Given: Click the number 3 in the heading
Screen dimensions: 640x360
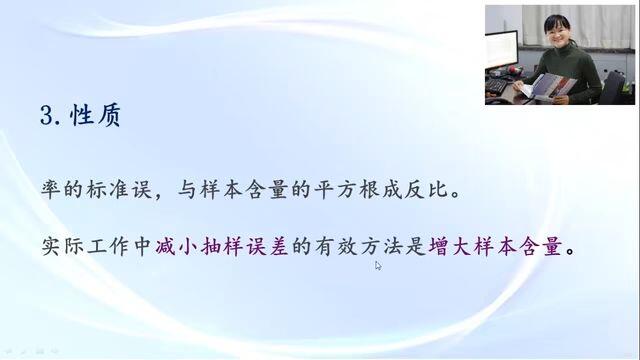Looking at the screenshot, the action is click(x=47, y=116).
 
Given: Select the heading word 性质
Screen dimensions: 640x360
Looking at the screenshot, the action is click(x=95, y=116).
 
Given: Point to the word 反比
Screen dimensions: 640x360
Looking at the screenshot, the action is click(x=426, y=190).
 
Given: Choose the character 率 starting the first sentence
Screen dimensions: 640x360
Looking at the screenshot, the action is click(x=51, y=190).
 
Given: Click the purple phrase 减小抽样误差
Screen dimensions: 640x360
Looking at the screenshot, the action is click(x=222, y=247).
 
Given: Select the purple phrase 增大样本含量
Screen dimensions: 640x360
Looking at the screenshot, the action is click(x=495, y=247).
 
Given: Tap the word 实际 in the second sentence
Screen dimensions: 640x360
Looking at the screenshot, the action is click(x=62, y=247).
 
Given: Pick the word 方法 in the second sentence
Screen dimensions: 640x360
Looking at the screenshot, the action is click(x=382, y=247).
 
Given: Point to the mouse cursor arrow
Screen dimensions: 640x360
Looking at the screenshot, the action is click(x=378, y=266).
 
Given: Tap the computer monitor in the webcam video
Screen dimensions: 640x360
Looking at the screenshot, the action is click(x=501, y=50).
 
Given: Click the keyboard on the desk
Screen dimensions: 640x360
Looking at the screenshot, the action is click(x=496, y=85).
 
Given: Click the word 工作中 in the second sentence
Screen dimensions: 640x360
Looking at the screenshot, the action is click(x=119, y=247).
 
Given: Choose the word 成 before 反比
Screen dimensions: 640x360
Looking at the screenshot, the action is click(x=392, y=190).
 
